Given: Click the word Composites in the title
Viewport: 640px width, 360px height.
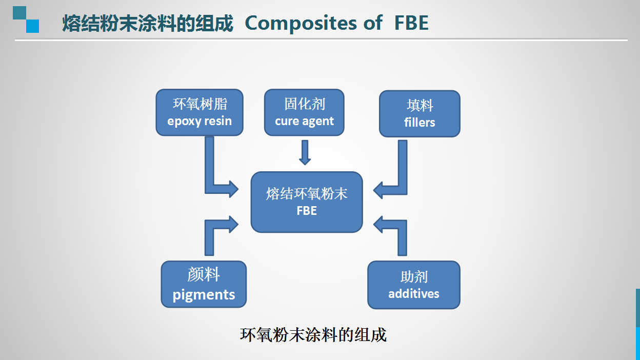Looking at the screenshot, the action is coord(301,23).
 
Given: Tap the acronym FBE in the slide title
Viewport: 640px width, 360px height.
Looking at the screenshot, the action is coord(411,23).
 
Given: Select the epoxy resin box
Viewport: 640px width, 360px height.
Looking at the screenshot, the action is coord(199,112).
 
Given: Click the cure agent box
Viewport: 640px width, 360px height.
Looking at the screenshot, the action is coord(304,112).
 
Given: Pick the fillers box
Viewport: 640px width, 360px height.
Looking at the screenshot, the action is coord(419,114).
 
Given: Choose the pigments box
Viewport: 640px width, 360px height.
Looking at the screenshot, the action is coord(204,284).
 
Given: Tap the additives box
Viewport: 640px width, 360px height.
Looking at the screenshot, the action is coord(414,285).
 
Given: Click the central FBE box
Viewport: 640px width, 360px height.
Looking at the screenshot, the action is coord(307,202).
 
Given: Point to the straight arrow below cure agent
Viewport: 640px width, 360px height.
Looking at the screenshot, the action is coord(305,152).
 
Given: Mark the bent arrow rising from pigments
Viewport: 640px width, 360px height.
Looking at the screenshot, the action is coord(210,229).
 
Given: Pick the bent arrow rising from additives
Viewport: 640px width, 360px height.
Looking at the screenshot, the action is coord(402,229).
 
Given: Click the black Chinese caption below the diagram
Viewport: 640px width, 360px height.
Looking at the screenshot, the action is coord(313,335).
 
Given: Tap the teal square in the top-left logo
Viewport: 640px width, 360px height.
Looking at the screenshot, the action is coord(19,13).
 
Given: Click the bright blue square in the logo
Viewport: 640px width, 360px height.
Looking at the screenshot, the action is coord(33,26).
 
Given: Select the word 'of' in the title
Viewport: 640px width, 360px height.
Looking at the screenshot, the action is coord(373,23).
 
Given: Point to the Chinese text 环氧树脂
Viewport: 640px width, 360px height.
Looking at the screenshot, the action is coord(199,104).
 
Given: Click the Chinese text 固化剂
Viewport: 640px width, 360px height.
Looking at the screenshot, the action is coord(305,104).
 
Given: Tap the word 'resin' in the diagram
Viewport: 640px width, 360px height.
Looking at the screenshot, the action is coord(218,121).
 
